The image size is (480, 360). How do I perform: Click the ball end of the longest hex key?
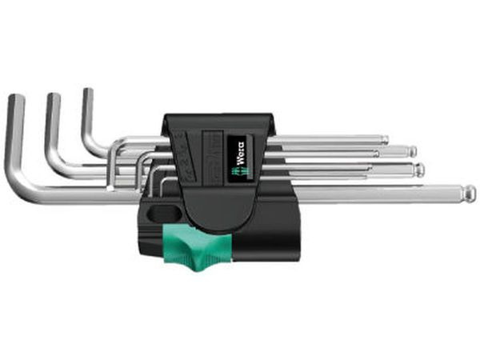pyautogui.click(x=470, y=193)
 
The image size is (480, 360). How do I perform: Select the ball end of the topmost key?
pyautogui.click(x=385, y=140)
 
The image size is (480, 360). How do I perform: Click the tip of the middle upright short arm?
pyautogui.click(x=53, y=97)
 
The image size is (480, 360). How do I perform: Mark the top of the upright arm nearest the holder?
pyautogui.click(x=87, y=92)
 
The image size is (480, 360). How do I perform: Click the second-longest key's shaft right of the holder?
pyautogui.click(x=344, y=169)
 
